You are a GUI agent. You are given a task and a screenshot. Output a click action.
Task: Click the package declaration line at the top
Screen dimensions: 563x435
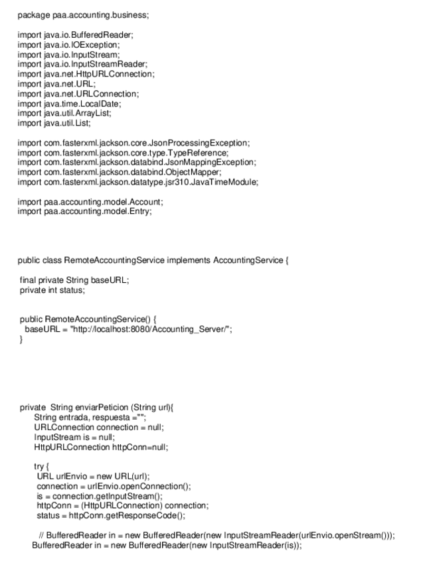(x=83, y=15)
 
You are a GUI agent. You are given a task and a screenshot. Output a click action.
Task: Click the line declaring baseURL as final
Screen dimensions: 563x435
(x=74, y=280)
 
